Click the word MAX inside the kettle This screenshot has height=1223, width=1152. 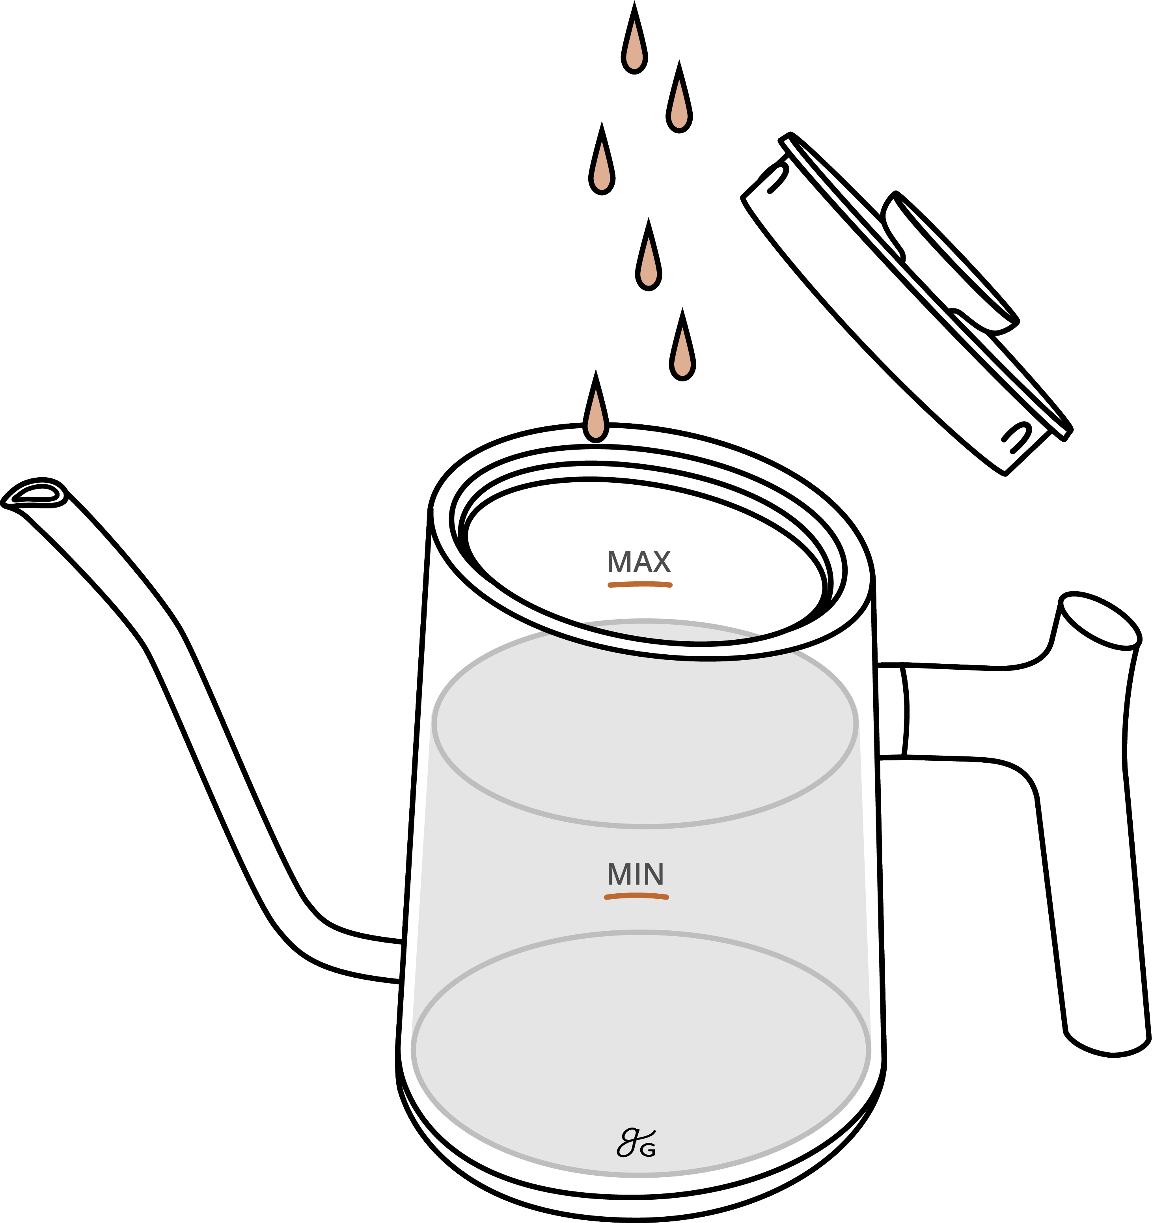638,562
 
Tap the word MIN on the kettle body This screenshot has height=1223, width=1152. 636,874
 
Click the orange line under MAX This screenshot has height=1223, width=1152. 639,584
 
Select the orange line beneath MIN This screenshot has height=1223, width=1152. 636,897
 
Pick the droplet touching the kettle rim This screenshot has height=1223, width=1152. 595,416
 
